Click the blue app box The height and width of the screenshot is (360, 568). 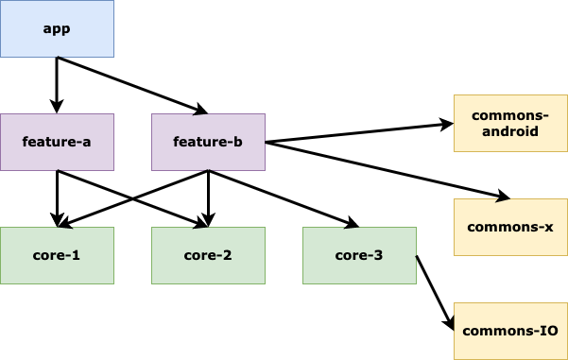coord(57,28)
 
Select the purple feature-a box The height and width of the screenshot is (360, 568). coord(57,142)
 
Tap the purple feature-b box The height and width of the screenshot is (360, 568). coord(208,142)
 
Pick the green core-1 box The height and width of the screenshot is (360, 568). coord(57,255)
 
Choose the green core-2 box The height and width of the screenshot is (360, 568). coord(208,255)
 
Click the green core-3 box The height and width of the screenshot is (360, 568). coord(359,255)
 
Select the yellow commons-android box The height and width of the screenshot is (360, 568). coord(510,123)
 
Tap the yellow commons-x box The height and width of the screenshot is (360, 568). coord(510,227)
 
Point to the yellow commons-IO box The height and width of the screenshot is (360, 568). coord(510,331)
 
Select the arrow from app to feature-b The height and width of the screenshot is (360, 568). coord(132,85)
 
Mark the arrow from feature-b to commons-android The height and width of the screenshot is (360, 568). coord(359,133)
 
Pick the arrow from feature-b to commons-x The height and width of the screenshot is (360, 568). coord(387,170)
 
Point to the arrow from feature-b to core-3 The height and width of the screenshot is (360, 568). coord(284,198)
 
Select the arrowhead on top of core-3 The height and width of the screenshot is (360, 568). coord(353,224)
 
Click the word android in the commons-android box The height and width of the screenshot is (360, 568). coord(510,131)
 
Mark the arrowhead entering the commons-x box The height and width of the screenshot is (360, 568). coord(504,197)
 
